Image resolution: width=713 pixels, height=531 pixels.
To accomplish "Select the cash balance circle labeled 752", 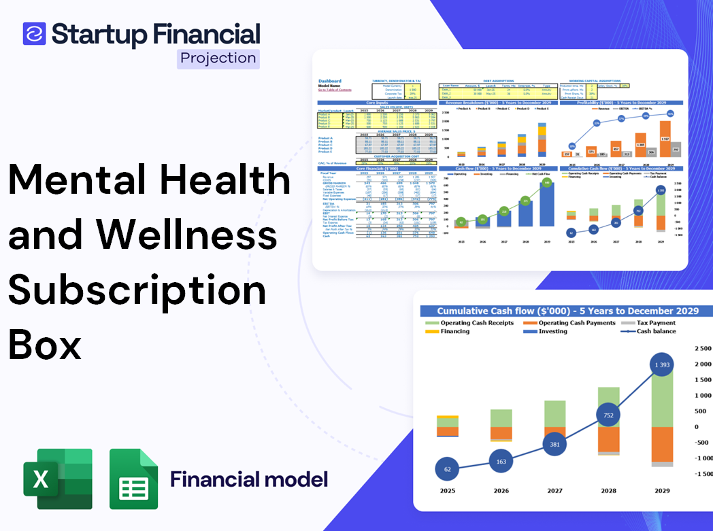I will point(608,415).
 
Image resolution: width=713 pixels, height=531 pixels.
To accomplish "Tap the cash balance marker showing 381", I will point(554,445).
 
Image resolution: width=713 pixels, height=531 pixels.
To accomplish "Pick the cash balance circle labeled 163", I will point(501,462).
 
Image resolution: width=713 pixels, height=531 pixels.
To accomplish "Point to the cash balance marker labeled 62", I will point(447,469).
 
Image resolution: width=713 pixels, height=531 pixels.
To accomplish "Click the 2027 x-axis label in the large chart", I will point(554,491).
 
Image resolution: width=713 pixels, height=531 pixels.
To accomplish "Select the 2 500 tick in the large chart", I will point(701,349).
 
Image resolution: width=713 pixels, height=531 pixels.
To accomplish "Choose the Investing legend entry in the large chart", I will point(552,332).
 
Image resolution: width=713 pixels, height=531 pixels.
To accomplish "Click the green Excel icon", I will point(57,479).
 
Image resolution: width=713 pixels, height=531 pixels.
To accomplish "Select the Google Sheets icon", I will point(134,479).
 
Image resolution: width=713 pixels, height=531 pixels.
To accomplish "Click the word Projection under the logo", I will point(218,58).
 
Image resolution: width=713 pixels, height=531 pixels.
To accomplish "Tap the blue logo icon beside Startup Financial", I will point(34,33).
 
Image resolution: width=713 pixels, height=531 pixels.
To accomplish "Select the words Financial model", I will point(248,479).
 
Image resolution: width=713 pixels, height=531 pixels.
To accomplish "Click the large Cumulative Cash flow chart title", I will point(567,311).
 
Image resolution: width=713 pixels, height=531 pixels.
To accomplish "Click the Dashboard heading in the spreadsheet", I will point(330,81).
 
